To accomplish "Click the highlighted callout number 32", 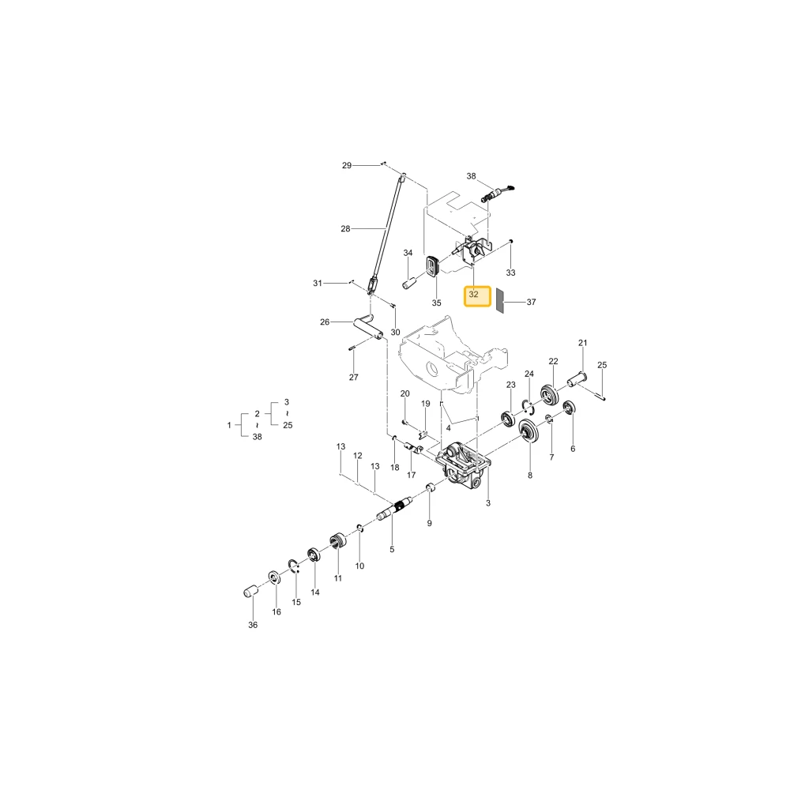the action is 473,294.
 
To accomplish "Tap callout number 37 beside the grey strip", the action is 531,302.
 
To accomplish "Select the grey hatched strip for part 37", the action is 500,301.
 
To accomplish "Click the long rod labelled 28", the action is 386,233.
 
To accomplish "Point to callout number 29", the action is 347,165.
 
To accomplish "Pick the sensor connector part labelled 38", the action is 498,194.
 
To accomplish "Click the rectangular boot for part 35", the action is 433,266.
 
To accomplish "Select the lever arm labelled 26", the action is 368,325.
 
